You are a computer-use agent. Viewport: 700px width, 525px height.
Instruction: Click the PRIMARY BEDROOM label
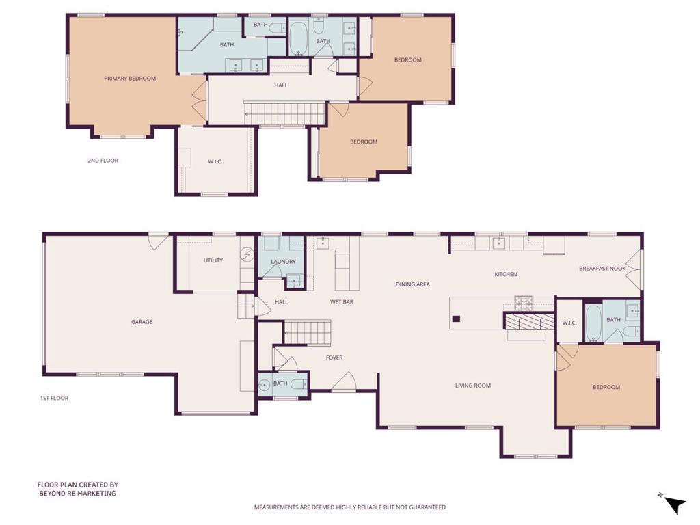point(130,79)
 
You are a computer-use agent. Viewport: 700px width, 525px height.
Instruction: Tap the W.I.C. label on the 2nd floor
point(215,161)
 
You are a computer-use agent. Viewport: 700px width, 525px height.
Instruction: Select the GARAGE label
point(142,322)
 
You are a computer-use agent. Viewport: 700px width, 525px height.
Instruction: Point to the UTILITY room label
point(213,260)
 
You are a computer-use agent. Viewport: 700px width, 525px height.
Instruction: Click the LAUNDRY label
point(283,262)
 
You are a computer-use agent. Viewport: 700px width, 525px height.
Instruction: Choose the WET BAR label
point(342,302)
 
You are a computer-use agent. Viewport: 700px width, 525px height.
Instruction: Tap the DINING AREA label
point(412,284)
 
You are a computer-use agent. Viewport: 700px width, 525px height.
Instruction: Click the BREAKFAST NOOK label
point(602,269)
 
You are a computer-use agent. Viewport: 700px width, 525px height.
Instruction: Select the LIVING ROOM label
point(473,386)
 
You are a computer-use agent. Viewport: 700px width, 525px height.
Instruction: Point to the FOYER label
point(334,358)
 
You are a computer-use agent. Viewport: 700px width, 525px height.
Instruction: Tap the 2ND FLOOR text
point(103,161)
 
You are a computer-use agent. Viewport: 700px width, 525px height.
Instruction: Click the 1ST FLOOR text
point(54,399)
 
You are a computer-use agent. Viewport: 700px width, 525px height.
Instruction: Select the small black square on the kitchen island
point(456,319)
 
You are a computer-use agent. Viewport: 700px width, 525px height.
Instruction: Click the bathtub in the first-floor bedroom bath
point(593,323)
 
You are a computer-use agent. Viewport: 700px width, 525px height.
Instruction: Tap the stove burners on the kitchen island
point(524,304)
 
